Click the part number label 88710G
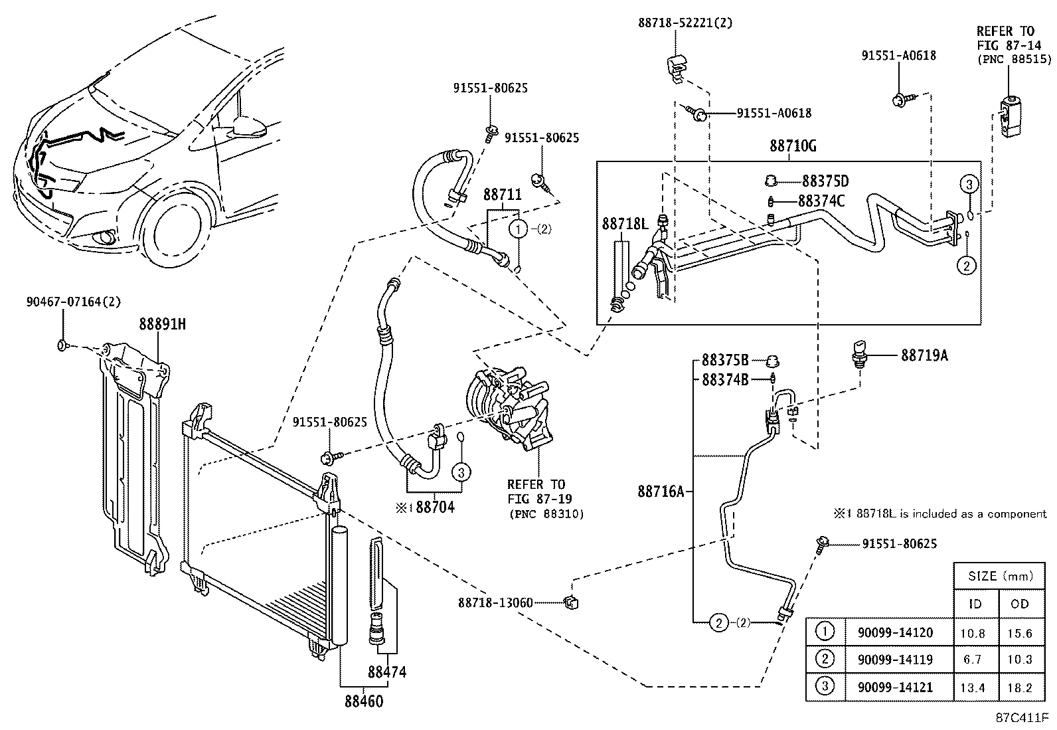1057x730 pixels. coord(793,146)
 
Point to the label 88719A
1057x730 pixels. coord(924,356)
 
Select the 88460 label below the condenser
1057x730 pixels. coord(364,700)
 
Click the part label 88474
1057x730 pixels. coord(387,672)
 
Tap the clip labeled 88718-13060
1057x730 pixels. coord(569,602)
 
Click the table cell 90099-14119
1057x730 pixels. coord(895,660)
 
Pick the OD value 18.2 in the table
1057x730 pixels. coord(1019,688)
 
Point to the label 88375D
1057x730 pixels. coord(825,181)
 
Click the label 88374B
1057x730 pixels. coord(725,380)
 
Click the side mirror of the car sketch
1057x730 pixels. coord(251,127)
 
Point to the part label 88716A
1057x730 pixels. coord(661,492)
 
